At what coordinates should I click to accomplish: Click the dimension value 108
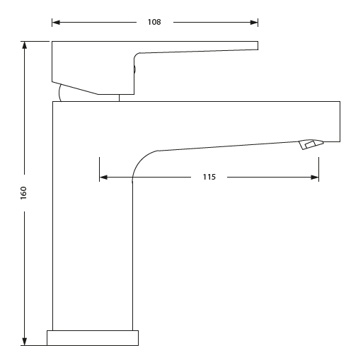tap(154, 22)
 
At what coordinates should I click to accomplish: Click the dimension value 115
tap(209, 177)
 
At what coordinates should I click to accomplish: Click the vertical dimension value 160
tap(23, 192)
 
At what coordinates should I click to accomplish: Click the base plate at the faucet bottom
tap(93, 337)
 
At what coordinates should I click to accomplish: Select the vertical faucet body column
tap(93, 226)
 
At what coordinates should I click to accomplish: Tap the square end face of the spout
tap(339, 122)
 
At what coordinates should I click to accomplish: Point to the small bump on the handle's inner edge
tap(134, 68)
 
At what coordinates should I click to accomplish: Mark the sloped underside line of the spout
tap(226, 146)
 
